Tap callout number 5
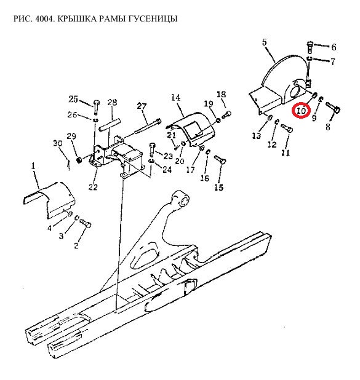pos(264,42)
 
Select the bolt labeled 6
pos(310,47)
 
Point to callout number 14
pos(175,97)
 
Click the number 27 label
pos(142,106)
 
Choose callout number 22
pos(93,187)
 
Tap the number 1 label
pos(33,166)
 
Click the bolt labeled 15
pos(220,160)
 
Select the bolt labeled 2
pos(86,223)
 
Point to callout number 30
pos(57,143)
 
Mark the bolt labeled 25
pos(96,107)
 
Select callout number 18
pos(221,94)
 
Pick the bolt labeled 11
pos(287,128)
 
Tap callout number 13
pos(257,136)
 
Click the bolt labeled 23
pos(151,149)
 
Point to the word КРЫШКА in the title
pos(77,18)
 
